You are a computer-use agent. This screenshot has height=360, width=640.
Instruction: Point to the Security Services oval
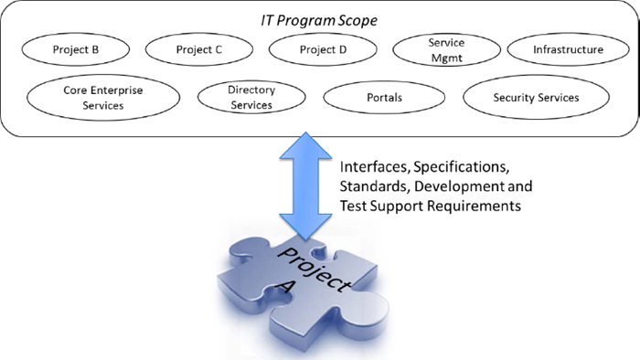(x=536, y=97)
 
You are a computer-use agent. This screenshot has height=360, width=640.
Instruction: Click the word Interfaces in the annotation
(x=373, y=167)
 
